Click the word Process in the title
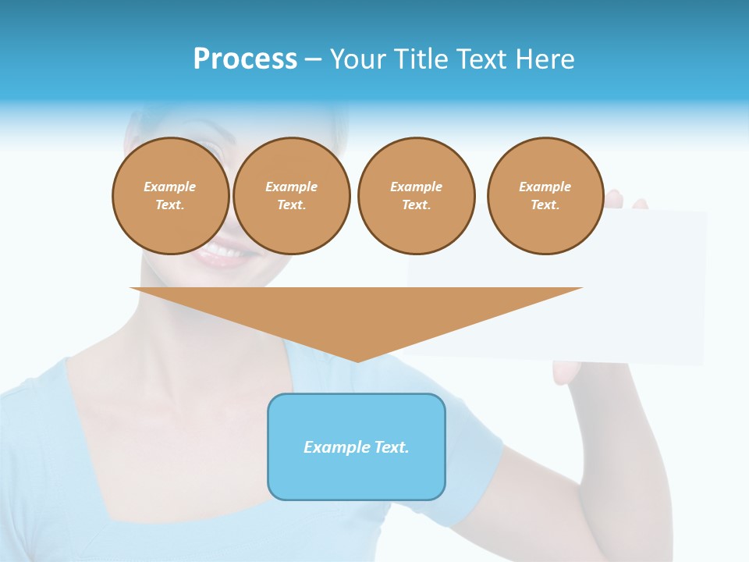tap(245, 59)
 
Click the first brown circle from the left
tap(171, 196)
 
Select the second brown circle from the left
tap(292, 196)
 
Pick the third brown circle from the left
tap(417, 196)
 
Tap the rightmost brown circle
tap(545, 196)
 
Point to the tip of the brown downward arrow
tap(357, 360)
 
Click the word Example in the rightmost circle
tap(545, 187)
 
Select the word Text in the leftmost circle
tap(169, 205)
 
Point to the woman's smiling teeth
tap(222, 251)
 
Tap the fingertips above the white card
tap(624, 201)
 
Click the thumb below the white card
tap(565, 372)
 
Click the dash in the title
tap(313, 59)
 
